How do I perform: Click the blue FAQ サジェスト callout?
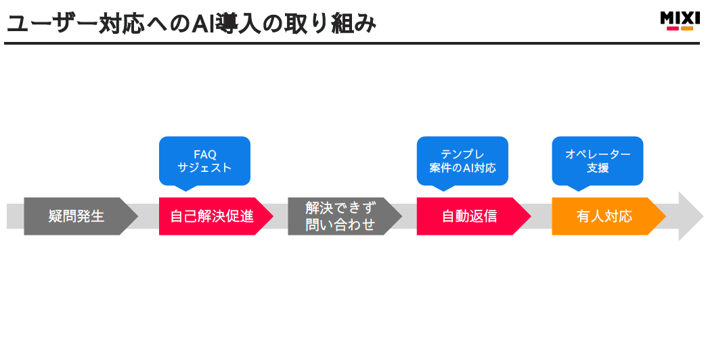coord(204,161)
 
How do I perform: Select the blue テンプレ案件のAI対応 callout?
coord(462,161)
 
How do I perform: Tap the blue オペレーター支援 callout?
coord(598,161)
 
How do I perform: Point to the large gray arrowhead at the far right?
coord(690,217)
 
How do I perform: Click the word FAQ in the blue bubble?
coord(204,154)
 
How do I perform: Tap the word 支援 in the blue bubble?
coord(598,168)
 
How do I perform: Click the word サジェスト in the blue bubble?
coord(204,168)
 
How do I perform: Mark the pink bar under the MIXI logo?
coord(672,28)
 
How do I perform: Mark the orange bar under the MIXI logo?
coord(687,28)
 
